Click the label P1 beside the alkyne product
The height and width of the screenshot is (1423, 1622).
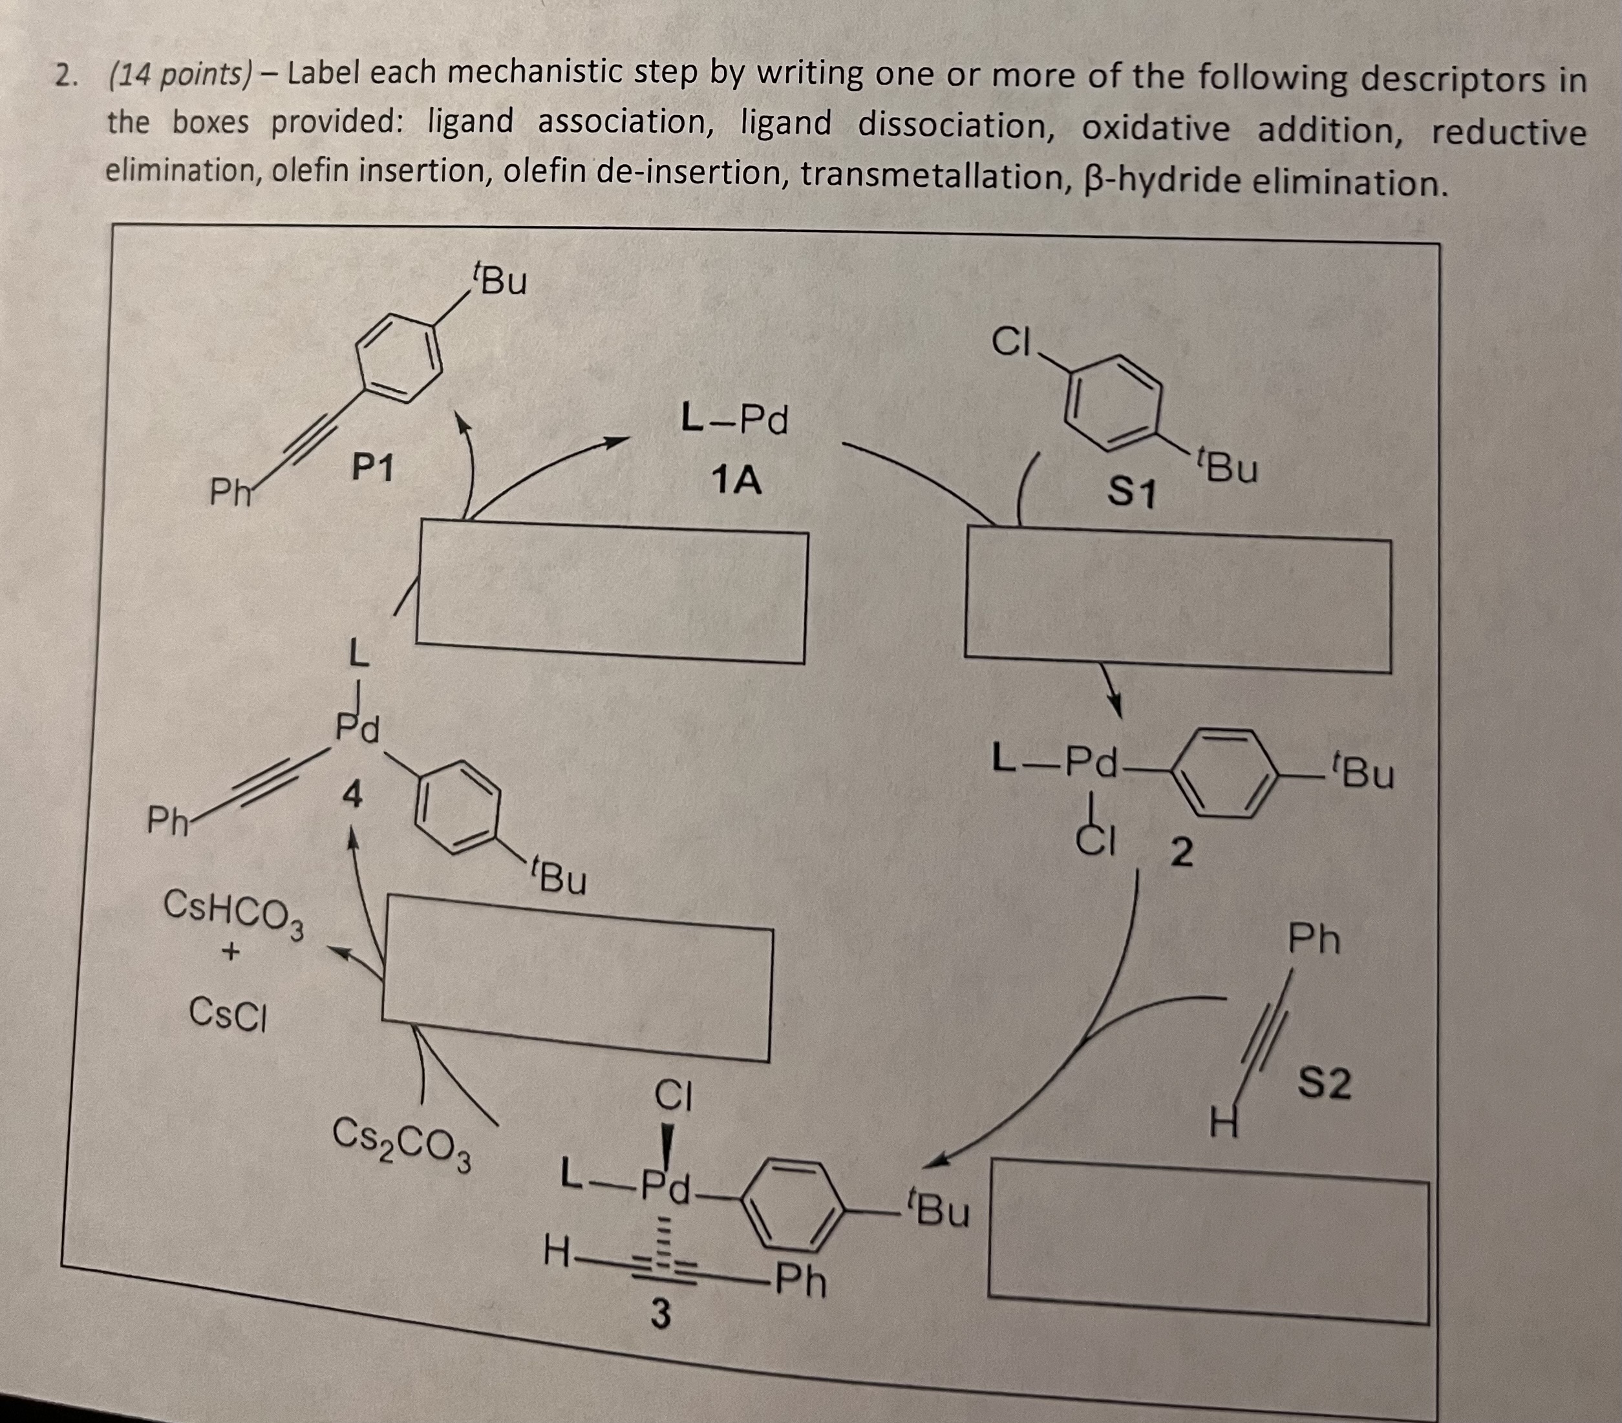(x=373, y=469)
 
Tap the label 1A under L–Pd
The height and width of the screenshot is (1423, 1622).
(x=736, y=481)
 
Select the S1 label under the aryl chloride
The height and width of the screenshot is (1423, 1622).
(x=1131, y=492)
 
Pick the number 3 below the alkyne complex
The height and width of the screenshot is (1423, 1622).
(x=660, y=1314)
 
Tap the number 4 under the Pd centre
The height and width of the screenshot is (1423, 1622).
(x=352, y=794)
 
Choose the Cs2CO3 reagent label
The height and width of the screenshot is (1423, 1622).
(x=401, y=1144)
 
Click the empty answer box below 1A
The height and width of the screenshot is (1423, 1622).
(x=611, y=591)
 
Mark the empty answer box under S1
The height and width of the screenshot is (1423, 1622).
(x=1178, y=601)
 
